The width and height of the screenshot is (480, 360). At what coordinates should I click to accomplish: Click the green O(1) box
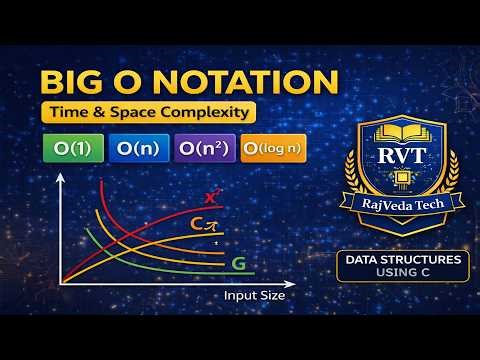point(69,149)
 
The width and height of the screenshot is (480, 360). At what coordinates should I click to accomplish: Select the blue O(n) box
point(138,149)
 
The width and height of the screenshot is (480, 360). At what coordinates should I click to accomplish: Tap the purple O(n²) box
point(203,149)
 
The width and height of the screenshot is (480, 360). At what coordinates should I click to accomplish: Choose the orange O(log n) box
point(271,149)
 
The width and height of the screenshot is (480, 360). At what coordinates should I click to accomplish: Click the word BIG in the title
point(69,82)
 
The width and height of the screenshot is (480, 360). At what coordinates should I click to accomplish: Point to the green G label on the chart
point(239,264)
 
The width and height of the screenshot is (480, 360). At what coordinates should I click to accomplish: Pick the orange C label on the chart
point(199,227)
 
